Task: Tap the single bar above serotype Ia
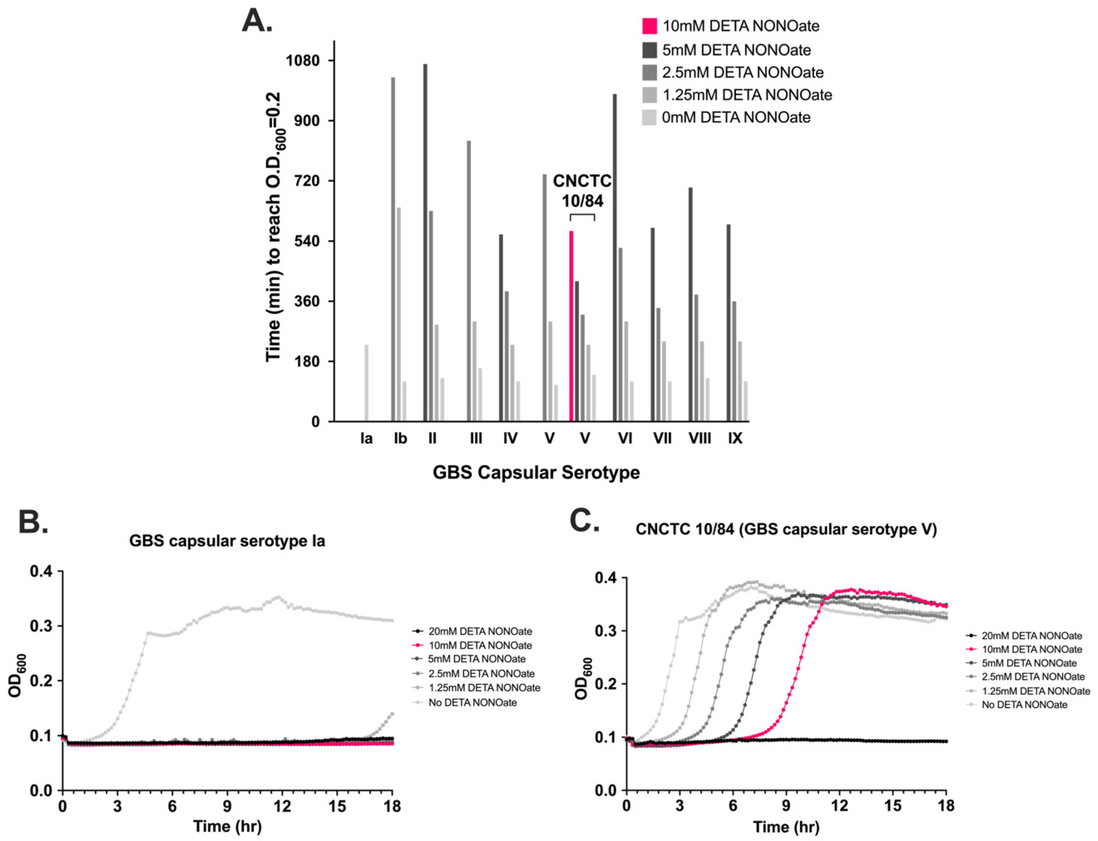tap(367, 383)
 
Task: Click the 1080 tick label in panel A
tap(303, 61)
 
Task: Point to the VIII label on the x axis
tap(700, 439)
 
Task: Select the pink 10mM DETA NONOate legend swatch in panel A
tap(650, 26)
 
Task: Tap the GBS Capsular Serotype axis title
tap(536, 472)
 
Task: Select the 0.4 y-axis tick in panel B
tap(43, 571)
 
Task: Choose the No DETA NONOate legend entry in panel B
tap(472, 702)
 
